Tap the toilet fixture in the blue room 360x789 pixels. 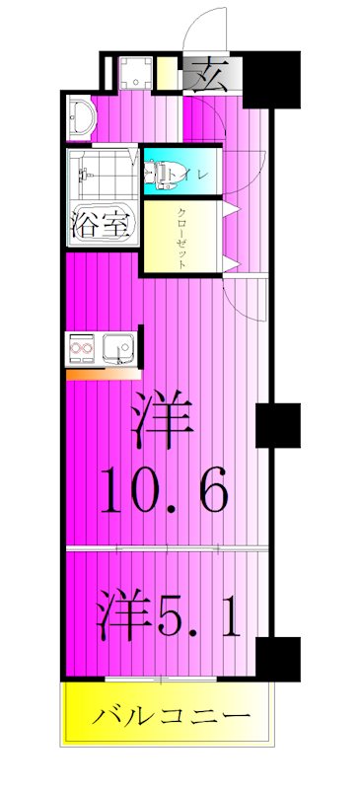click(x=158, y=174)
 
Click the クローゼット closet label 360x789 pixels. click(x=182, y=233)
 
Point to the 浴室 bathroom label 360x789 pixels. click(x=100, y=224)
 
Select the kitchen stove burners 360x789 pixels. click(x=83, y=349)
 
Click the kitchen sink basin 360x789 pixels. click(x=120, y=349)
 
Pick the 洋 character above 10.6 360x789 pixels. click(x=161, y=418)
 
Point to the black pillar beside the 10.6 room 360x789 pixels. click(x=277, y=425)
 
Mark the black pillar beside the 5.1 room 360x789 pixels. click(x=277, y=659)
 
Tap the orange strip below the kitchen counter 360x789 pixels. click(x=99, y=374)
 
